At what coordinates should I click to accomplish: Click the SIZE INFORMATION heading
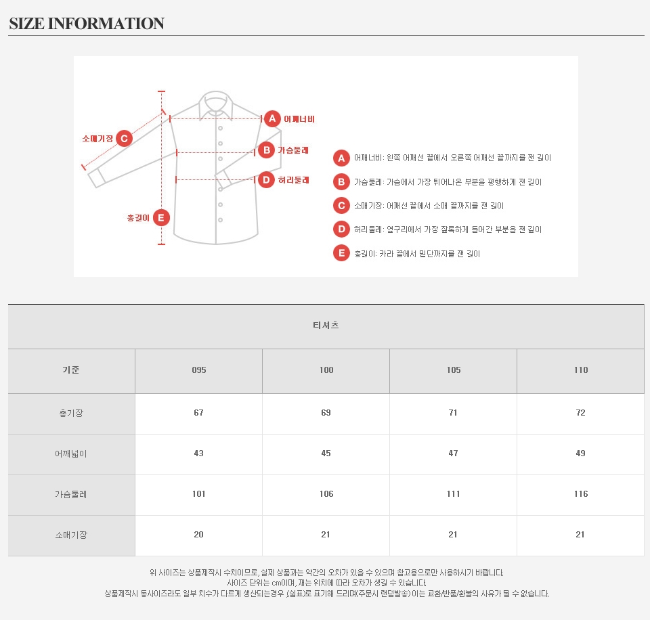coord(87,24)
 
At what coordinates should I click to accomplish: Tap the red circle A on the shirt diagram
coord(272,119)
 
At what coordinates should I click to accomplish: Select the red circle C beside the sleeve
coord(124,139)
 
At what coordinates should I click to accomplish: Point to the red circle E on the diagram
coord(161,217)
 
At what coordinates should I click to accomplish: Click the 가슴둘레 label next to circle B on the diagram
coord(293,150)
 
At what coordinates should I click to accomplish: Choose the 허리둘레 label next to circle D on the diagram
coord(293,180)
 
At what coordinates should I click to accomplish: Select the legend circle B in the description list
coord(341,182)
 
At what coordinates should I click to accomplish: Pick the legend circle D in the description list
coord(341,229)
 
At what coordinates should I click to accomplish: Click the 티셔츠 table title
coord(326,326)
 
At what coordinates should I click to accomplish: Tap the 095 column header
coord(199,370)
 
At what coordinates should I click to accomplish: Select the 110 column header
coord(581,370)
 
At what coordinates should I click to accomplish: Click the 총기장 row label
coord(71,413)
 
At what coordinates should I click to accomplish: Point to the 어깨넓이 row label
coord(71,453)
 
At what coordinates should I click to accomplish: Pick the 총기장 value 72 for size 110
coord(580,413)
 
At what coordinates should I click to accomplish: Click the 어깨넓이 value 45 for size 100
coord(326,453)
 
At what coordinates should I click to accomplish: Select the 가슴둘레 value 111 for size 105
coord(454,494)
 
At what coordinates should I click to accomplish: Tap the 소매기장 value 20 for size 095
coord(198,535)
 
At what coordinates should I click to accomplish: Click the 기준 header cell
coord(71,370)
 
